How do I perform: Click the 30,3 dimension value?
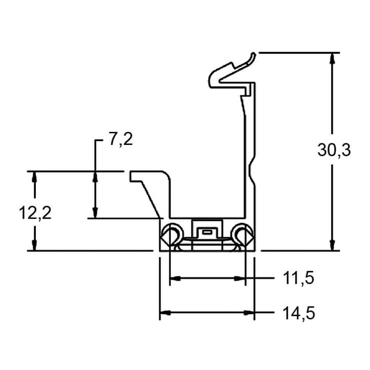pos(334,150)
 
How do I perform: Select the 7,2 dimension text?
pos(121,139)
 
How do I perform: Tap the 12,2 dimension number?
pos(35,213)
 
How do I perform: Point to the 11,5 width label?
pos(298,278)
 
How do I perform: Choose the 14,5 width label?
pos(299,313)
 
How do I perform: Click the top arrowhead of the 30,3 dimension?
pos(332,58)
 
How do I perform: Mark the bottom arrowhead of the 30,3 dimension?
pos(332,245)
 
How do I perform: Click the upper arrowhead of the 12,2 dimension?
pos(35,177)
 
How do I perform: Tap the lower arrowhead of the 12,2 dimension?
pos(35,245)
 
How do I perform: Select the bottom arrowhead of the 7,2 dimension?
pos(95,213)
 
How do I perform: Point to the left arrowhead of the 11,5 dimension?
pos(175,279)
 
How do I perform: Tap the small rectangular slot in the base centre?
pos(207,232)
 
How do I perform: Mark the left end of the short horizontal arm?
pos(130,176)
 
